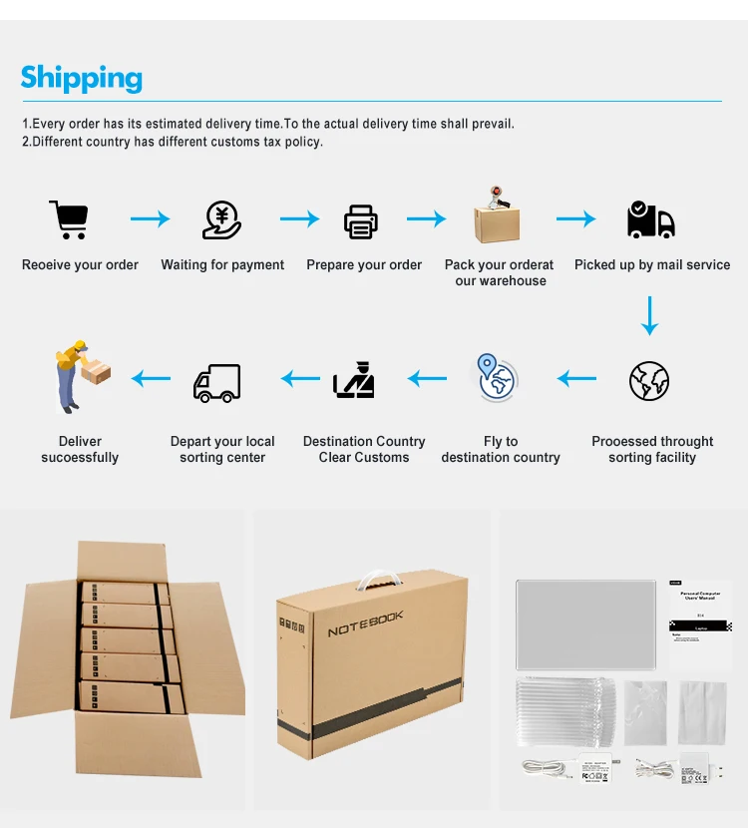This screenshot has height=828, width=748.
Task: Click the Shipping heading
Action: coord(82,78)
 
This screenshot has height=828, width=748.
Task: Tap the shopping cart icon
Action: coord(69,219)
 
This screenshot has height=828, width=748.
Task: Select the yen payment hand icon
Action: coord(221,219)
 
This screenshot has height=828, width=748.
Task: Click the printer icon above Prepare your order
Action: coord(361,220)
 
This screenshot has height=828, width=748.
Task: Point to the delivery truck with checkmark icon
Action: coord(650,220)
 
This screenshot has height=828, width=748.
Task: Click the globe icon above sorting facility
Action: coord(649,381)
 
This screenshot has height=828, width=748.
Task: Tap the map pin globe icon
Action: coord(496,378)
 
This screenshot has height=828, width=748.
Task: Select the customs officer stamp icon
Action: coord(355,379)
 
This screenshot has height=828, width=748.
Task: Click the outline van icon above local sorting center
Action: coord(217,382)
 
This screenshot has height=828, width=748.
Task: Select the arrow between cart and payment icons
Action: coord(150,218)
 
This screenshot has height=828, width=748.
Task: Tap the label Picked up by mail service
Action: coord(652,265)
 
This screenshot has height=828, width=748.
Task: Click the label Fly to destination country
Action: coord(501,449)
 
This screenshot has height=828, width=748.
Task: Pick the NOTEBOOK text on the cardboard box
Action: coord(366,624)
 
